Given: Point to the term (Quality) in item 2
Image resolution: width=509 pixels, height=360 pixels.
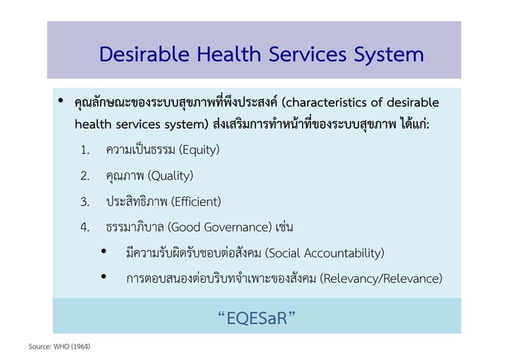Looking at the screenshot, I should [x=171, y=175].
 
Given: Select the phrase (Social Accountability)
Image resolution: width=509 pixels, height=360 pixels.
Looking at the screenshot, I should [x=323, y=253].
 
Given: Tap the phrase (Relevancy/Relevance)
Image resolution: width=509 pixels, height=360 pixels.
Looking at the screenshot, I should [x=379, y=279].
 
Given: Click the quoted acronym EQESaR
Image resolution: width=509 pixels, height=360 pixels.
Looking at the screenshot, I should [x=256, y=320].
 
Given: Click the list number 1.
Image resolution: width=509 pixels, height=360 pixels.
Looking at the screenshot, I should [x=85, y=150].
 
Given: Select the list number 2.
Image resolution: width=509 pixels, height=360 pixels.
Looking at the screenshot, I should [x=85, y=176].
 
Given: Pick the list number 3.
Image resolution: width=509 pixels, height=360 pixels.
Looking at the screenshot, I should [x=85, y=201].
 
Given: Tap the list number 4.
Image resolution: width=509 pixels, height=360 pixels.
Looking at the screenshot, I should [x=85, y=227].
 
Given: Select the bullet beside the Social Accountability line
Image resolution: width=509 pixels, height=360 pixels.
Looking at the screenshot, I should [x=104, y=253].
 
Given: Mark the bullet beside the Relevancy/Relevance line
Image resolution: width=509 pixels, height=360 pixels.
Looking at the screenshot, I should [x=104, y=279].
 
